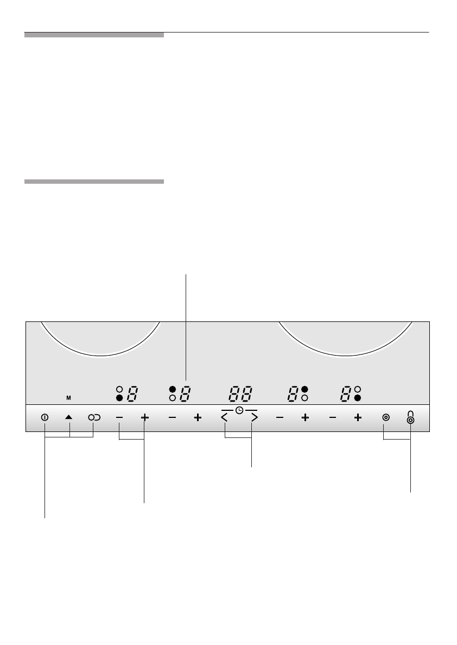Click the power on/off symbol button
pos(45,417)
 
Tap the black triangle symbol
pos(69,417)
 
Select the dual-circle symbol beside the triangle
pos(94,417)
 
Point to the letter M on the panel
pos(68,398)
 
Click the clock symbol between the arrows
pos(239,410)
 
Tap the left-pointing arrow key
pos(225,418)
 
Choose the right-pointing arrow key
pos(254,418)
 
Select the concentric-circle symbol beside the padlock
pos(386,417)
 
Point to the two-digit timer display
pos(240,394)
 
